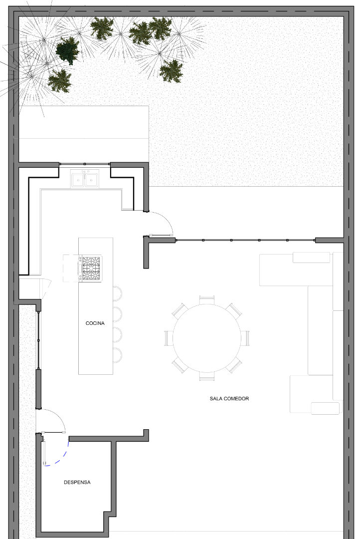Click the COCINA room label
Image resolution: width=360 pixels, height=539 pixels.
(95, 323)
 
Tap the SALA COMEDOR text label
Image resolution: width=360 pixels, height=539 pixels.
(229, 399)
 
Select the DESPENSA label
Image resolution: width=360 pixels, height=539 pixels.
(77, 482)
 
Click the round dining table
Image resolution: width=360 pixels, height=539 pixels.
(207, 338)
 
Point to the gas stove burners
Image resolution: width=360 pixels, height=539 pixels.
(91, 269)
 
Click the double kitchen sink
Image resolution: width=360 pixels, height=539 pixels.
(85, 179)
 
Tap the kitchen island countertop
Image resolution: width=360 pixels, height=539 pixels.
(96, 306)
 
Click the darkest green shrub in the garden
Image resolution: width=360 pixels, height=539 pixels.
(68, 50)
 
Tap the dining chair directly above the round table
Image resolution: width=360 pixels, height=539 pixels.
(207, 300)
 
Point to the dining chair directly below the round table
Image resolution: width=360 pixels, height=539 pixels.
(207, 376)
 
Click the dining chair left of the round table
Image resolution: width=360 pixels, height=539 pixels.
(169, 338)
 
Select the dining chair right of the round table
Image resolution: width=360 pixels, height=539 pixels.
(245, 338)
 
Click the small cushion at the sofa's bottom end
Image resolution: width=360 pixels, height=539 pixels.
(325, 408)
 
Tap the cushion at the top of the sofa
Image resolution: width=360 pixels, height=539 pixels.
(311, 258)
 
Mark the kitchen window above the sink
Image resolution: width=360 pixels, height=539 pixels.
(85, 164)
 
